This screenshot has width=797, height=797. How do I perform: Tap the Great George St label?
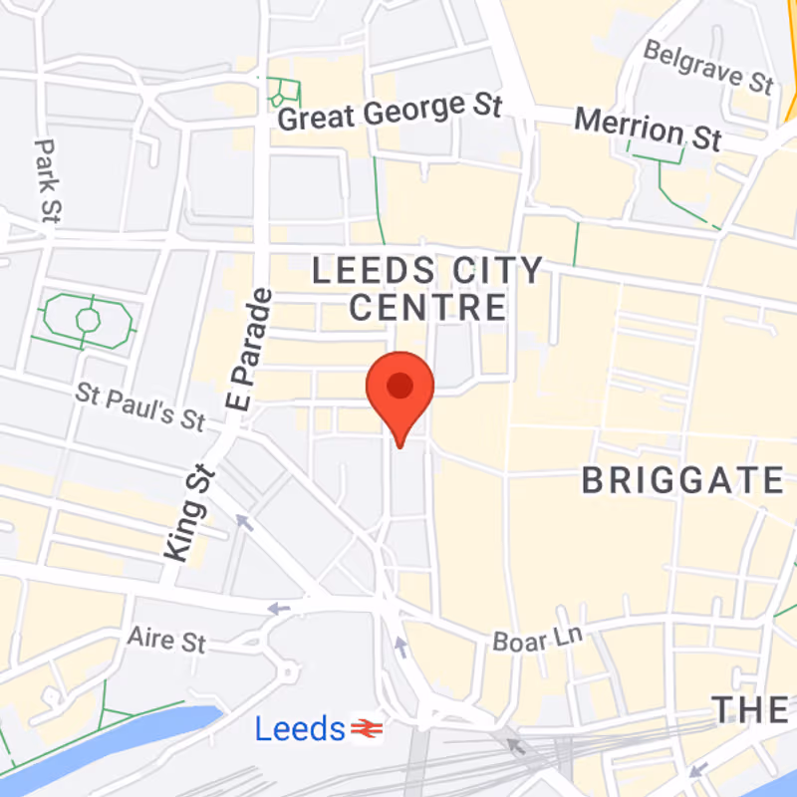click(x=389, y=112)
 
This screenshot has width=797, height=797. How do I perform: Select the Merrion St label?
click(x=648, y=130)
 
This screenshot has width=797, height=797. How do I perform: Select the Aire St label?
click(x=166, y=638)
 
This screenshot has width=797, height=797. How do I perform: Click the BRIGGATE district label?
click(x=682, y=481)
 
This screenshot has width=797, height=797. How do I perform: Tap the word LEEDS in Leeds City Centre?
click(x=374, y=270)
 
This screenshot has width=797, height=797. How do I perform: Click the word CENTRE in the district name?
click(x=428, y=307)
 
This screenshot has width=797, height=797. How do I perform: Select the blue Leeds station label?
click(x=299, y=729)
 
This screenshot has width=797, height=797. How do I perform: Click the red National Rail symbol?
click(x=366, y=730)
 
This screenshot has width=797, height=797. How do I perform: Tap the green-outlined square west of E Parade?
click(x=88, y=320)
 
